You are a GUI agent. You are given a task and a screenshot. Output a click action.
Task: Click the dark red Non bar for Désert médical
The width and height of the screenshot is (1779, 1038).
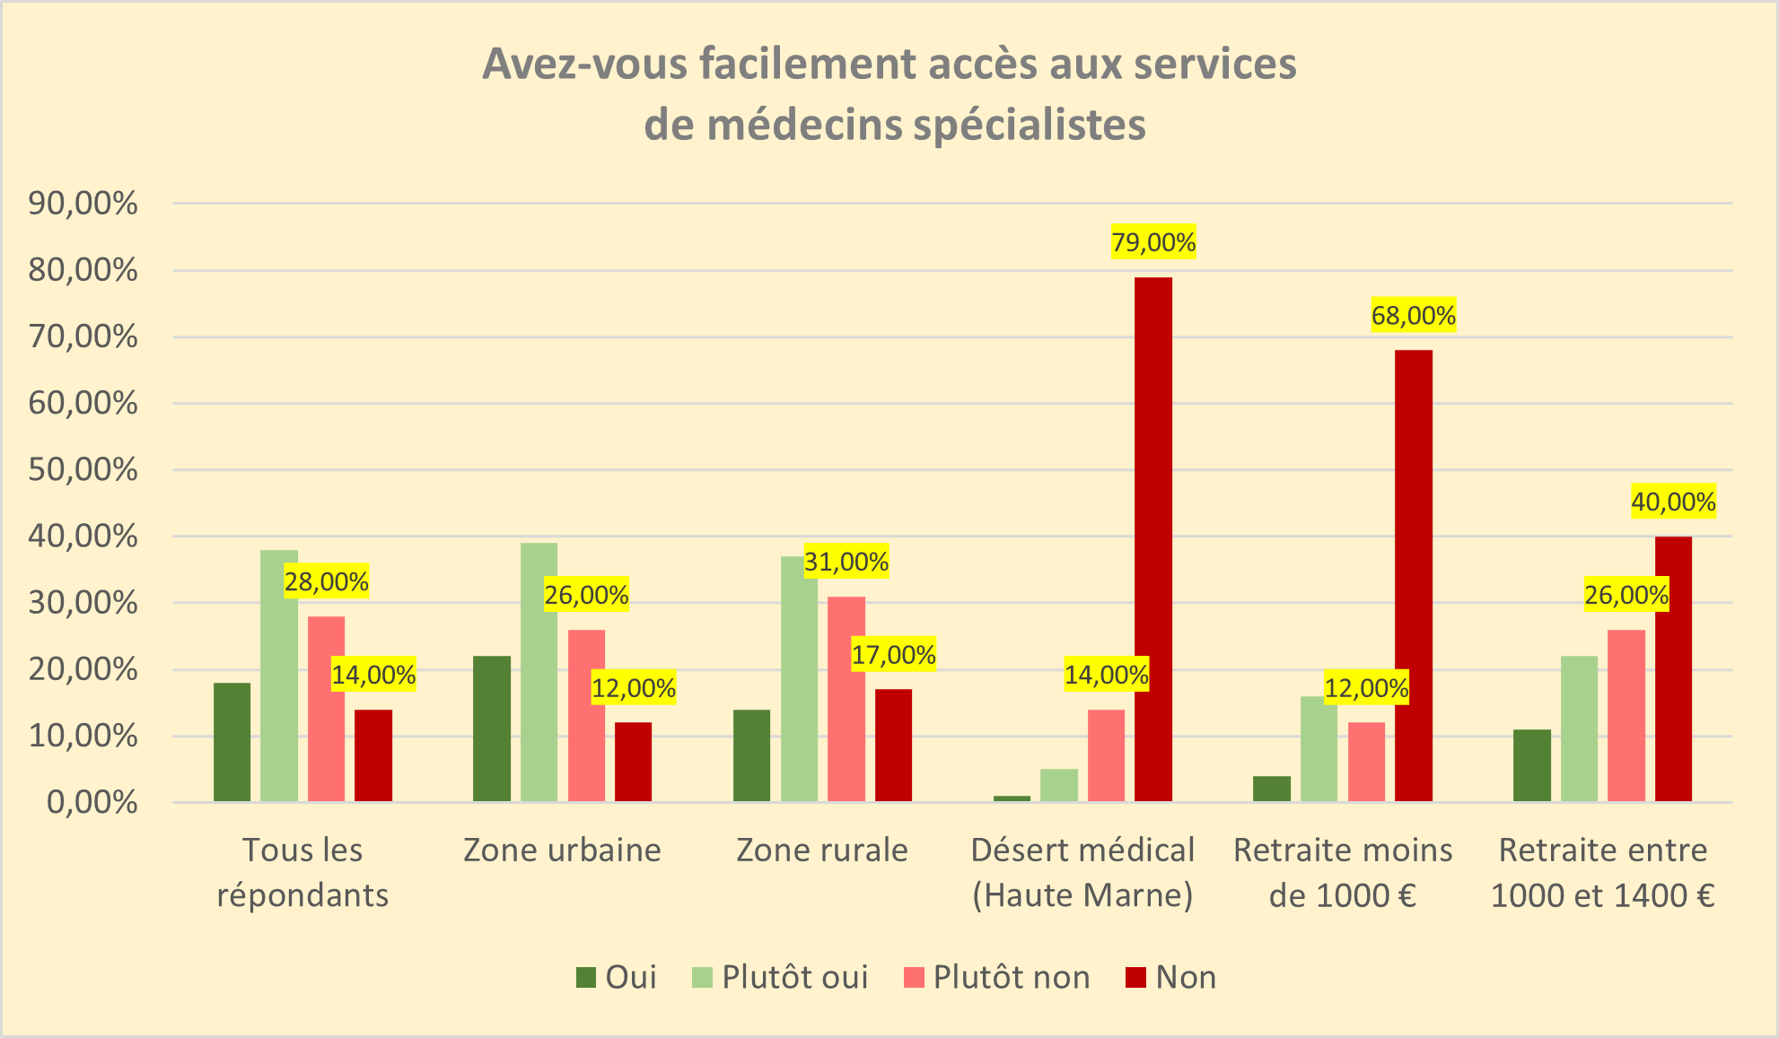click(1153, 538)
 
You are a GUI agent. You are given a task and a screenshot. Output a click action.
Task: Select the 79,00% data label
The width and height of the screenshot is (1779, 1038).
click(1153, 242)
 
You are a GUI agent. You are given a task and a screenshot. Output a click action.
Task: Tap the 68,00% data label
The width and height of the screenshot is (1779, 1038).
click(1413, 316)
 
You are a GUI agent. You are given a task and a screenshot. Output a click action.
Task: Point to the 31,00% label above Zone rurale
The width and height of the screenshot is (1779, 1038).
click(846, 563)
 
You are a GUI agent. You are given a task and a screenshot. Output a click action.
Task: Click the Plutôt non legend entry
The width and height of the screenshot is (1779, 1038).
click(996, 977)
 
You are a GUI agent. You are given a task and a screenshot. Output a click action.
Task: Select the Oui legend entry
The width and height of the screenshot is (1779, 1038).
click(617, 977)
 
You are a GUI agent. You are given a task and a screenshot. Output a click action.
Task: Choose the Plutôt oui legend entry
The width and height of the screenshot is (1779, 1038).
click(781, 977)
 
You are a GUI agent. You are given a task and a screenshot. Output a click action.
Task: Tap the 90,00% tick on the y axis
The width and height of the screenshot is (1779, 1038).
click(83, 204)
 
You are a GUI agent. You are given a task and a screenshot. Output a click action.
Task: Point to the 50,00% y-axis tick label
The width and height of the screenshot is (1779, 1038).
click(83, 470)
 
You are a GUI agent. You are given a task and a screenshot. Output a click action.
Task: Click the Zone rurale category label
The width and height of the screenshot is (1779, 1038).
click(822, 850)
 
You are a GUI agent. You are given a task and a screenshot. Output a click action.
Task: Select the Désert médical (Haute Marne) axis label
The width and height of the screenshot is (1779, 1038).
click(1082, 872)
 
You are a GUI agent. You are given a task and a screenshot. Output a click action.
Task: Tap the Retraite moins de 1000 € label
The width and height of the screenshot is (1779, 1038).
click(1343, 872)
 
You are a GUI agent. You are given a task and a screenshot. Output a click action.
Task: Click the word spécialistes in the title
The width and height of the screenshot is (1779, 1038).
click(1030, 125)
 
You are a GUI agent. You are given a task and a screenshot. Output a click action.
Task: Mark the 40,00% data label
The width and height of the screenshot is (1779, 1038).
click(1673, 502)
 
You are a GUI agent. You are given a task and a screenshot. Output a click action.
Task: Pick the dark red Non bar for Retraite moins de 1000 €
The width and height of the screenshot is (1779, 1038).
click(1414, 575)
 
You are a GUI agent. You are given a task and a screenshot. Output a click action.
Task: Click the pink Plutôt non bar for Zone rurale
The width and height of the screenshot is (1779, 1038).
click(846, 699)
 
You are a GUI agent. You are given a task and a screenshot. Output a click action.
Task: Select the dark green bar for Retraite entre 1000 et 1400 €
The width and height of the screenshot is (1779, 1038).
click(1532, 765)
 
